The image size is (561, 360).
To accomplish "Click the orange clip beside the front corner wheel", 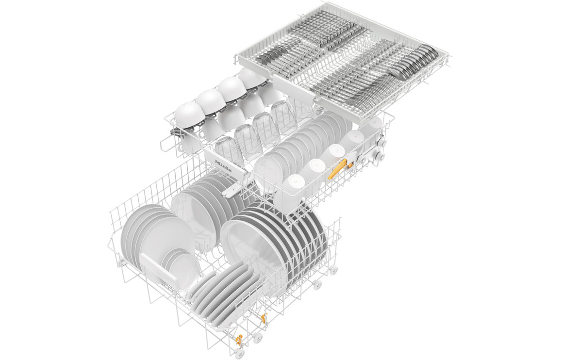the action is point(238,338).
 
